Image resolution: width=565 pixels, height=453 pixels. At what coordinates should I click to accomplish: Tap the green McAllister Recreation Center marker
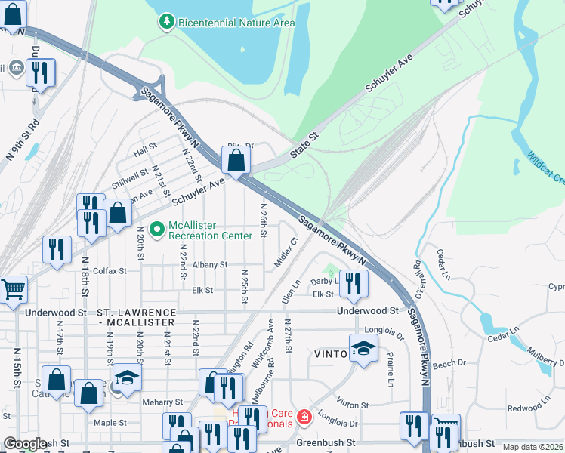point(157,228)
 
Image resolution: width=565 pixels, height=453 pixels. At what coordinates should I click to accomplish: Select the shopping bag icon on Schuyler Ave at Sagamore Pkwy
point(236,160)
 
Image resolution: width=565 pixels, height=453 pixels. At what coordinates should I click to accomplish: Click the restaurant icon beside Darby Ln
point(354,284)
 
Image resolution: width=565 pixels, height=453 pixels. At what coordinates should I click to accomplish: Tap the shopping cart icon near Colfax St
point(13,290)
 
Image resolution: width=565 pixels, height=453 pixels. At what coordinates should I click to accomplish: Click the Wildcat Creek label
point(545,169)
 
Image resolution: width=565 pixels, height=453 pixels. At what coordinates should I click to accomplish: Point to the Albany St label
point(209,265)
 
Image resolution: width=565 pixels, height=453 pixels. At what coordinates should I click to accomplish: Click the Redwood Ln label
point(524,408)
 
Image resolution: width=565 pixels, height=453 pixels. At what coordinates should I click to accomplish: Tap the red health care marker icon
point(304,416)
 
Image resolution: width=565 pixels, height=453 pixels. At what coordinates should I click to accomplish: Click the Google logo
point(25,445)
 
